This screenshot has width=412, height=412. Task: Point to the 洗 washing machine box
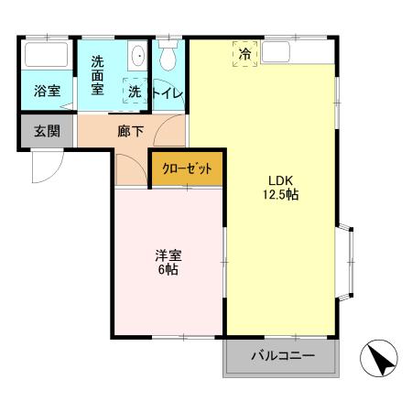(136, 92)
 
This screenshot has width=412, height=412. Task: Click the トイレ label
(168, 92)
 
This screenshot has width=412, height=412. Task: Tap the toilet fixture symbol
(168, 57)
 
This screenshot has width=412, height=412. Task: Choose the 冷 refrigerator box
(244, 54)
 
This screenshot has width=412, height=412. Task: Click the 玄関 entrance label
(47, 131)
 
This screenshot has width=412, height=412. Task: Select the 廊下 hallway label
(131, 131)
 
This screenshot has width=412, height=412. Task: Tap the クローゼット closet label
(187, 169)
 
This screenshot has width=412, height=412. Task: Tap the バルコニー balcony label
(282, 355)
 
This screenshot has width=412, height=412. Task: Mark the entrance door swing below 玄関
(46, 165)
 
